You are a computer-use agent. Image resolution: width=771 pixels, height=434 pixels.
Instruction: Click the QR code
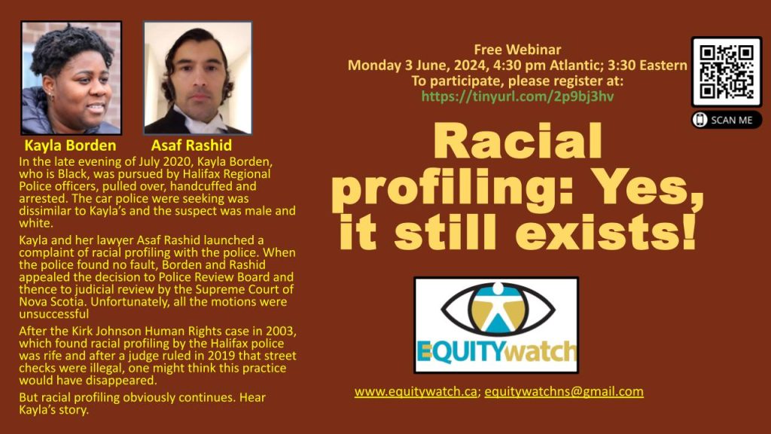tap(727, 72)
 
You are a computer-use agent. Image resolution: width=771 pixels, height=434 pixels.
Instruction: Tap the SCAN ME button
tap(727, 120)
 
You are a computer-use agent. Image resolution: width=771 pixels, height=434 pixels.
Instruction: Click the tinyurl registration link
tap(517, 96)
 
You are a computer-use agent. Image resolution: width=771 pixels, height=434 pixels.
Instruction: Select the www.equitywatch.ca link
tap(416, 392)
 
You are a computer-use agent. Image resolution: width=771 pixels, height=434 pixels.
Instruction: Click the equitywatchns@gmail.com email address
tap(564, 392)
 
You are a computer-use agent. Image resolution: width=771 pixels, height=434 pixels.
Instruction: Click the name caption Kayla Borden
tap(70, 145)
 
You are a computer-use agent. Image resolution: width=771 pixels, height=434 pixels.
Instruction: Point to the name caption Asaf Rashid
tap(191, 145)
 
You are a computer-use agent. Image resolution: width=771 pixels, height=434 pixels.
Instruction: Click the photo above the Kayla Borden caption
tap(72, 78)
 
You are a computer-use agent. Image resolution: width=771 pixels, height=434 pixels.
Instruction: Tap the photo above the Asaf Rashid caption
tap(198, 78)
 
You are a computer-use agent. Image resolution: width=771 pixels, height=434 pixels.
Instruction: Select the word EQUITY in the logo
tap(461, 351)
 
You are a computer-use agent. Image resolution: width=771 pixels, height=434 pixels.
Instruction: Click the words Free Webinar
tap(517, 49)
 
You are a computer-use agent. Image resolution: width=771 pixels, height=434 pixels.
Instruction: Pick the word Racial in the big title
tap(517, 142)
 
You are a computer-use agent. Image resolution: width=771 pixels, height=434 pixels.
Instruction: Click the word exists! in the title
tap(606, 231)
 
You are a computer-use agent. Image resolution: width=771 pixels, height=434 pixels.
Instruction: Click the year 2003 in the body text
tap(280, 331)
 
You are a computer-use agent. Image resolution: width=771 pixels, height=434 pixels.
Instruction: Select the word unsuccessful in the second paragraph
tap(54, 314)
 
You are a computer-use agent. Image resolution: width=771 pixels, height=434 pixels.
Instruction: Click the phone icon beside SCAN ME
tap(699, 120)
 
